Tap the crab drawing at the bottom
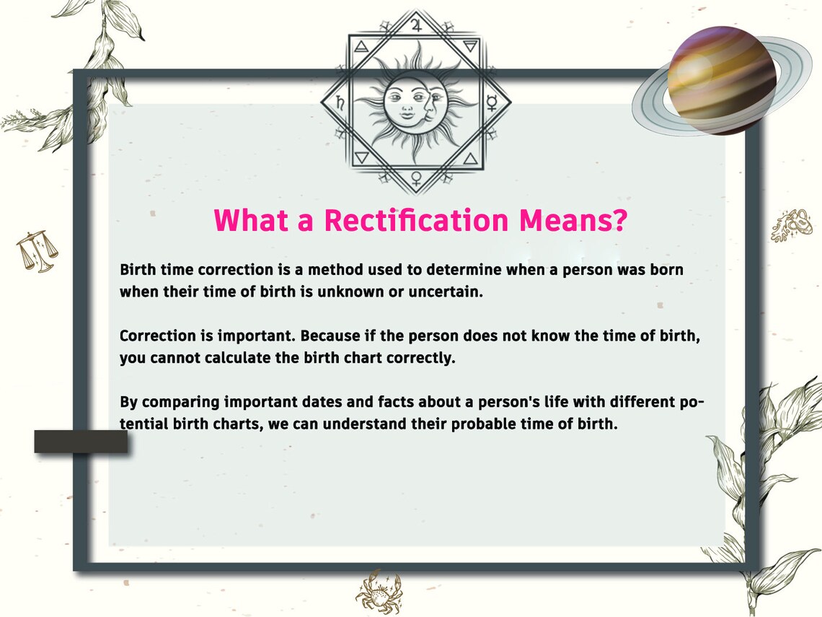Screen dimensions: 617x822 pyautogui.click(x=378, y=591)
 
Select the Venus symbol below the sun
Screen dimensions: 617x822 pyautogui.click(x=415, y=178)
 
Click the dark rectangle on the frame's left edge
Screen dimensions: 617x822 pyautogui.click(x=81, y=441)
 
